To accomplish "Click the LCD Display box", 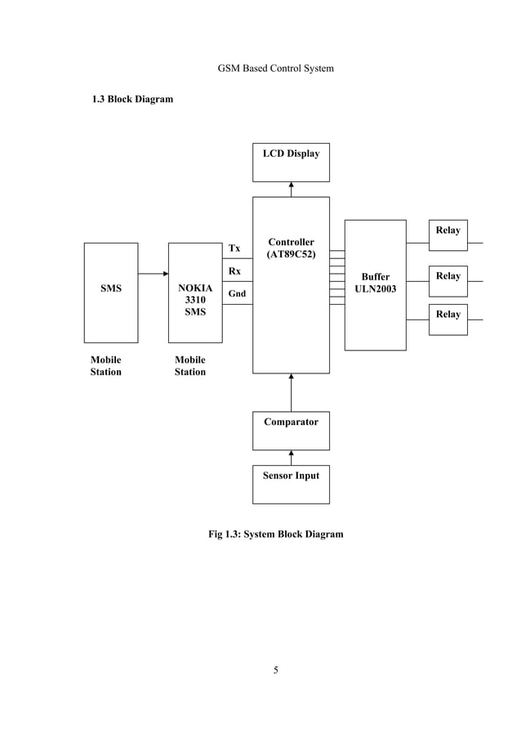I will coord(291,162).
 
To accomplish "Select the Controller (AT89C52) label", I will coord(291,248).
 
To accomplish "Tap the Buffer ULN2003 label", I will coord(376,283).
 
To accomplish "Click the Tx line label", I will coord(234,248).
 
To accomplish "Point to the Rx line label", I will coord(234,271).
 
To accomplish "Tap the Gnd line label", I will coord(236,293).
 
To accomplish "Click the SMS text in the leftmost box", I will coord(110,288).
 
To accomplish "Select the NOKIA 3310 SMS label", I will coord(195,300).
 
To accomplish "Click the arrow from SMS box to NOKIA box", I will coord(153,274).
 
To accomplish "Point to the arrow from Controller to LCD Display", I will coord(292,189).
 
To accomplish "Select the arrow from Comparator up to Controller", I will coord(292,392).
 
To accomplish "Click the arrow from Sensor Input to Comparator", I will coord(292,458).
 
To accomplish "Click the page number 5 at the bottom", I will coord(276,671).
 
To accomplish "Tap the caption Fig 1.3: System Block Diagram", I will coord(276,534).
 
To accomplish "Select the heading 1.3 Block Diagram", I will coord(131,100).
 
